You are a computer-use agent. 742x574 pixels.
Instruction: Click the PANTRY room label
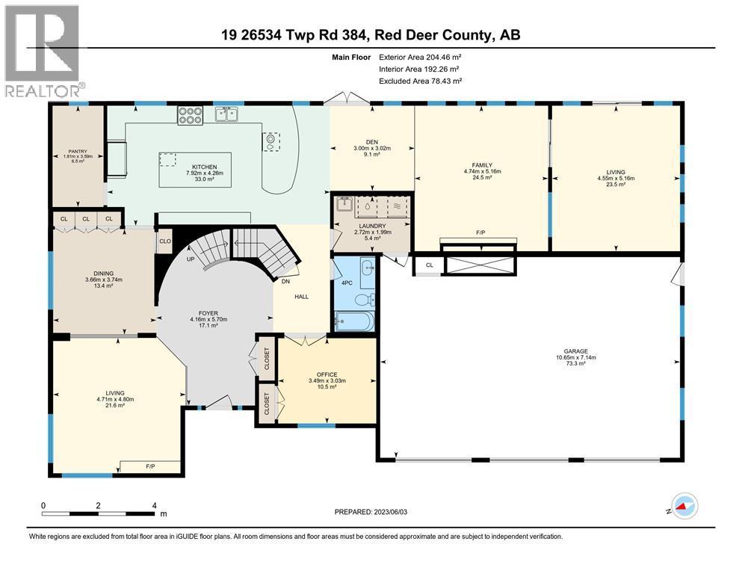point(78,152)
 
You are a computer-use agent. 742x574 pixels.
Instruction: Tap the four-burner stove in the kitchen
point(191,115)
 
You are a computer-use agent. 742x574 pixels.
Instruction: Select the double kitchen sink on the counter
point(226,114)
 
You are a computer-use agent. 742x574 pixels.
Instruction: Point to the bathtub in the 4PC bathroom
point(354,321)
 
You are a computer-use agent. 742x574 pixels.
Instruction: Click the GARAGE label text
point(576,351)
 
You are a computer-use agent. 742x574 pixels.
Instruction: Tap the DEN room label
point(372,142)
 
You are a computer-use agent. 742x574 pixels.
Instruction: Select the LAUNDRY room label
point(372,226)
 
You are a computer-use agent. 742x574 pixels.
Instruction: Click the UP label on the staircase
point(191,259)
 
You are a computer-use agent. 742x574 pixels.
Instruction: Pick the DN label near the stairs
point(285,281)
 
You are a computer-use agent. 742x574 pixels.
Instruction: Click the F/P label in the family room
point(480,233)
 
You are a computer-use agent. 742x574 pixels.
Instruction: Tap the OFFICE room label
point(327,374)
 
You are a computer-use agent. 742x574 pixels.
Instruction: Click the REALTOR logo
point(42,51)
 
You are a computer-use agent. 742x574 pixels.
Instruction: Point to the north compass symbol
point(684,506)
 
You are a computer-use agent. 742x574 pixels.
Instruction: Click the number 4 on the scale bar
point(154,505)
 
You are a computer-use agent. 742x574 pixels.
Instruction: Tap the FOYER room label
point(208,313)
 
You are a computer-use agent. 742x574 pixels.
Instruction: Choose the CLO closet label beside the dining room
point(164,241)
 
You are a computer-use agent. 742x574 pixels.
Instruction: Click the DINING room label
point(103,274)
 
